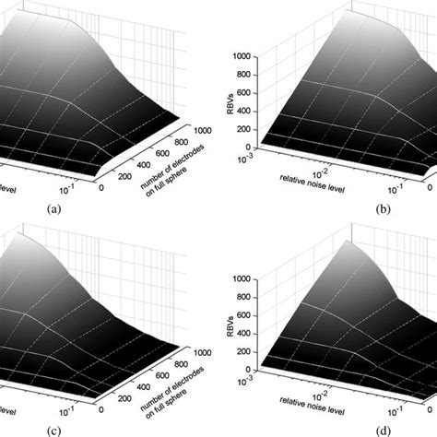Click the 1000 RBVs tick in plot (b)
click(x=242, y=55)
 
